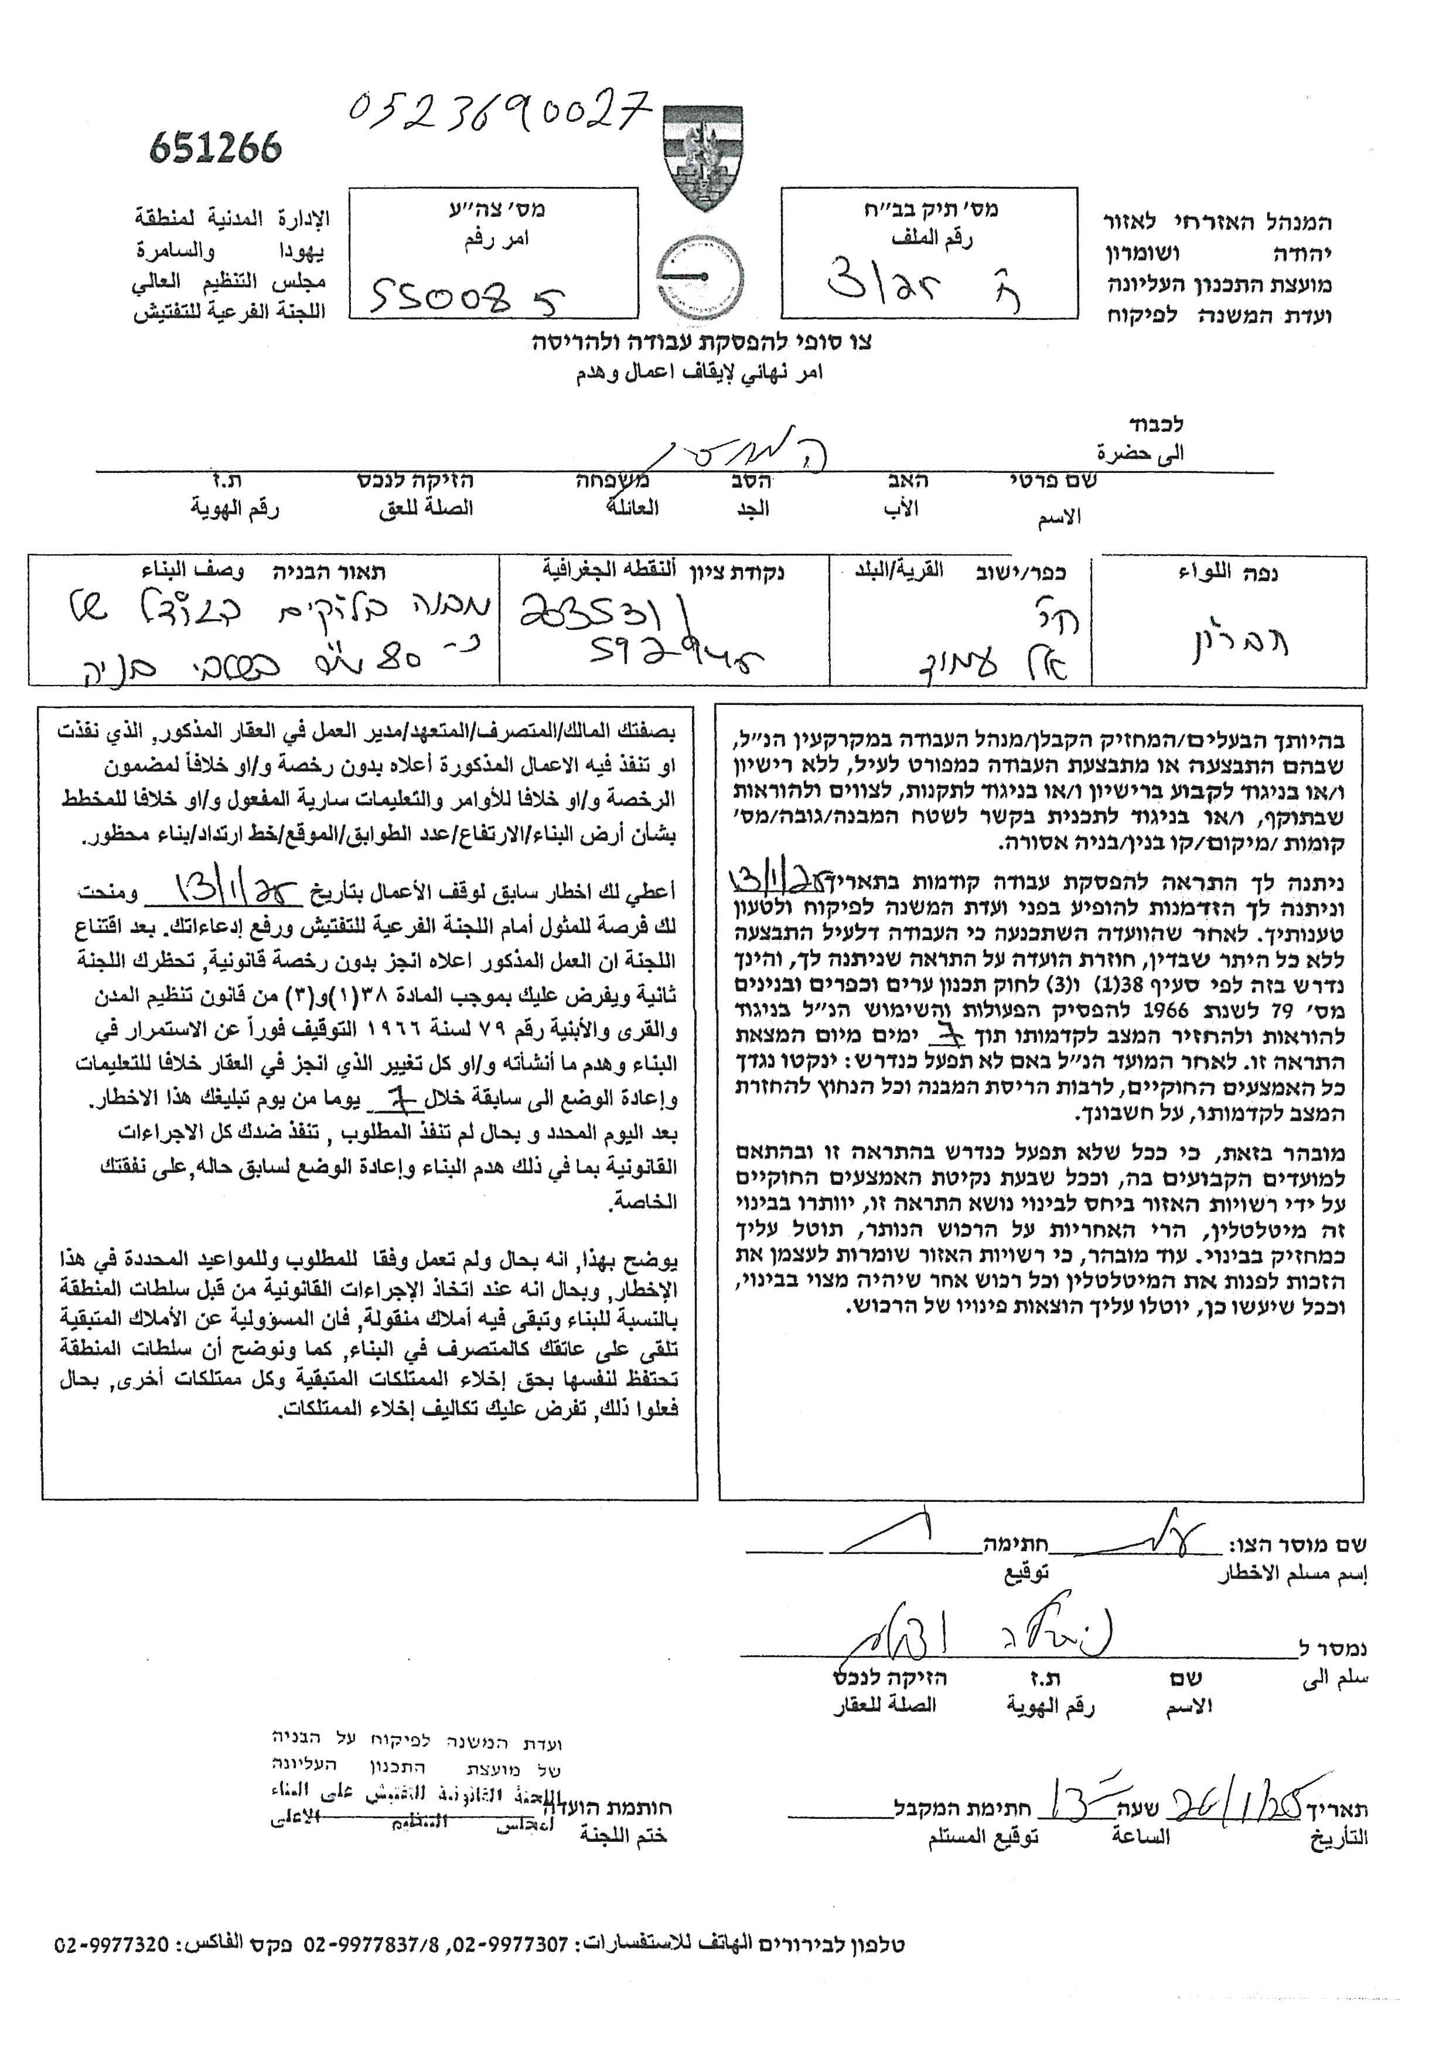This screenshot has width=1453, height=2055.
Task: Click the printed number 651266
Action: tap(216, 146)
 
